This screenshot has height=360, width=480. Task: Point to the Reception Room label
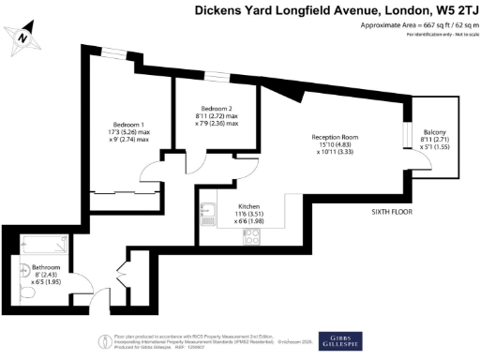coord(336,139)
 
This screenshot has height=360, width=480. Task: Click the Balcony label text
coord(434,132)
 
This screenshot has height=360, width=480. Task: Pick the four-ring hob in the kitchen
coord(249,239)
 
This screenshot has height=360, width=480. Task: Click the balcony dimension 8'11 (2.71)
coord(434,141)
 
